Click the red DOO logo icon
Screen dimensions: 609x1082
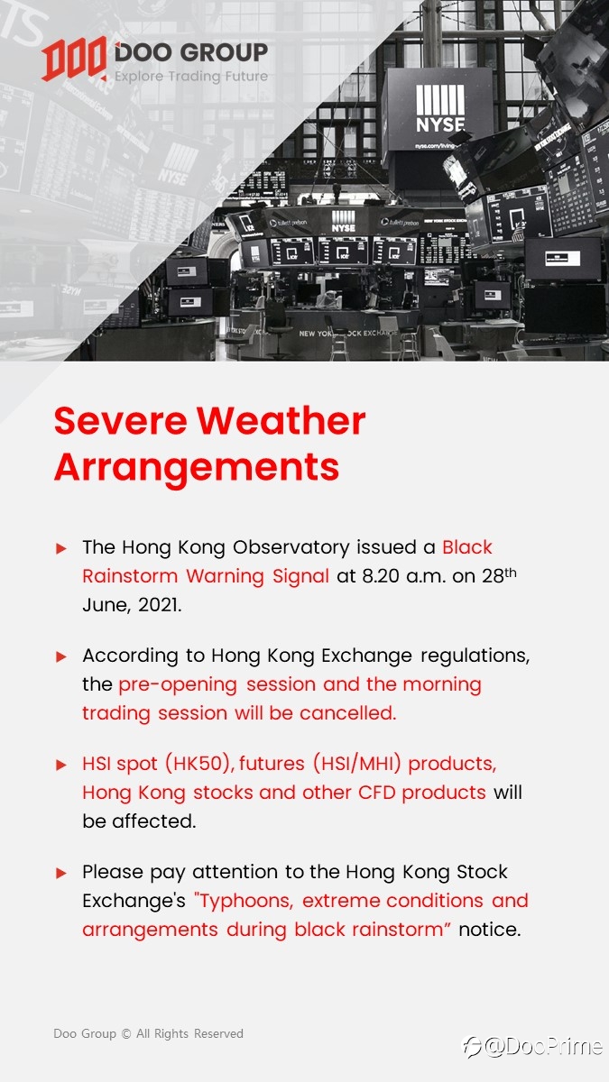(x=74, y=59)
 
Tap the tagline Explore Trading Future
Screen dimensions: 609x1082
(x=191, y=77)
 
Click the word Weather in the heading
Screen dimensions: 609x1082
(x=281, y=421)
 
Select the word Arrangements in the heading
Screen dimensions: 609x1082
(x=197, y=467)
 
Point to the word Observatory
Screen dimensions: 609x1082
(x=291, y=548)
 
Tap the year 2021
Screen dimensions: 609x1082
(x=160, y=605)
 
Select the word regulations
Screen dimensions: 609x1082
(x=475, y=656)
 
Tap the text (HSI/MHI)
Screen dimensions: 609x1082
(x=357, y=764)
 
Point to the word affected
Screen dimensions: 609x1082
(x=154, y=821)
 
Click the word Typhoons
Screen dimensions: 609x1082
(x=245, y=902)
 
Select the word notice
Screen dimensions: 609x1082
(x=490, y=930)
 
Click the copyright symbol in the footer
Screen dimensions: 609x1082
(x=126, y=1033)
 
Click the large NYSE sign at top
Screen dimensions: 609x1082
(x=440, y=110)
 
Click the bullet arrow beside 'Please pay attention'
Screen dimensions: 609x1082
(x=61, y=873)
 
